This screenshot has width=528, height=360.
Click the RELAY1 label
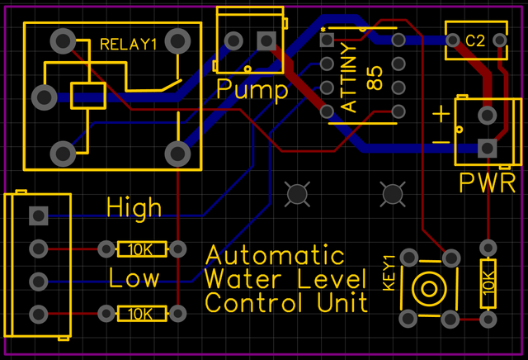(x=128, y=45)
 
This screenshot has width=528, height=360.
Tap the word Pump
(x=252, y=89)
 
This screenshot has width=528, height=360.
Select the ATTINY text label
(x=350, y=80)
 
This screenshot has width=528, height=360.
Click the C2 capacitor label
(x=475, y=40)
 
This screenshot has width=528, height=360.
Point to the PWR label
(x=488, y=181)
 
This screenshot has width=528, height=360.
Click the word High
(x=134, y=208)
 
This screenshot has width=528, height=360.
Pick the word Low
(x=134, y=277)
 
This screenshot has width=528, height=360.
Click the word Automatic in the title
(x=275, y=254)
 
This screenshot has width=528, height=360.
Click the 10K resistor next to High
(x=142, y=249)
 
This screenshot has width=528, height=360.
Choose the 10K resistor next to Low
(x=142, y=314)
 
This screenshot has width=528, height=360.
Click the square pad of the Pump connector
(x=266, y=40)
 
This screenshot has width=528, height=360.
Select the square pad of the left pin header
(x=37, y=216)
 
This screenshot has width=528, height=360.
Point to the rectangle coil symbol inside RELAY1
(x=87, y=95)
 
